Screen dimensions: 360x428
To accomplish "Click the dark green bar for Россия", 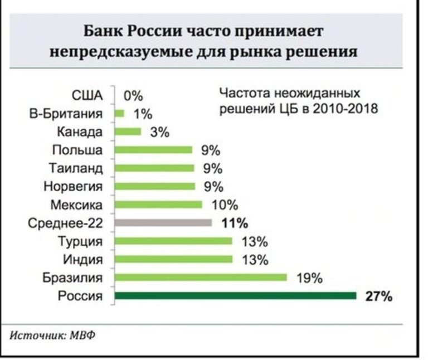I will pyautogui.click(x=235, y=296).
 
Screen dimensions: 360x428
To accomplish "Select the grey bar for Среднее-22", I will pyautogui.click(x=163, y=223).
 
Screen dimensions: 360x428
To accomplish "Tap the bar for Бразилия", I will pyautogui.click(x=201, y=278).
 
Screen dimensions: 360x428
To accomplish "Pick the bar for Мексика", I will pyautogui.click(x=158, y=205).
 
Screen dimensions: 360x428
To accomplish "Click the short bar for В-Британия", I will pyautogui.click(x=120, y=114).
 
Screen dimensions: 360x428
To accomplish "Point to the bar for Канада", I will pyautogui.click(x=128, y=132).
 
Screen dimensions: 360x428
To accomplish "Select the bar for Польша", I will pyautogui.click(x=153, y=150).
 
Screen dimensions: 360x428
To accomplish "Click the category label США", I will pyautogui.click(x=88, y=96).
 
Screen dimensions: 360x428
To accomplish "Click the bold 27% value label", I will pyautogui.click(x=379, y=296).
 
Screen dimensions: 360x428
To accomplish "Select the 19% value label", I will pyautogui.click(x=309, y=278).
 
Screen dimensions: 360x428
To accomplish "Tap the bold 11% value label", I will pyautogui.click(x=234, y=223).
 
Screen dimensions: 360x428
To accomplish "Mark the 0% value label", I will pyautogui.click(x=133, y=96).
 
